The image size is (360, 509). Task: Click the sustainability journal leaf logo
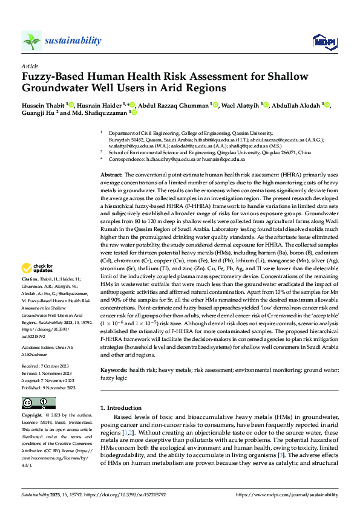click(31, 41)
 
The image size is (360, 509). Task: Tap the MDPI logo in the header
click(323, 41)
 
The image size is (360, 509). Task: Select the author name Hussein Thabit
click(44, 105)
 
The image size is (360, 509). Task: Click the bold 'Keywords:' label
click(113, 369)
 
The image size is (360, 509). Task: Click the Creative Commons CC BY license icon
click(34, 403)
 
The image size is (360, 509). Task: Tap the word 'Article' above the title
click(30, 65)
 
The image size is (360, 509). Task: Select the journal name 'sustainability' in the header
click(72, 41)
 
